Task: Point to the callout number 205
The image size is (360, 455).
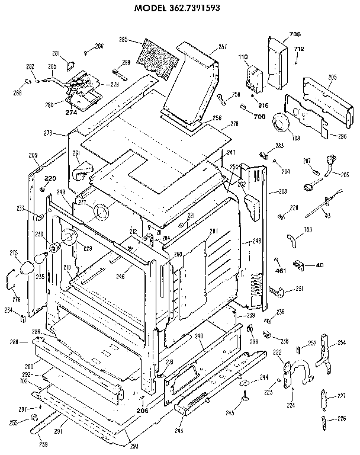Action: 332,78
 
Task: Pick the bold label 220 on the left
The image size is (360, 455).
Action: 50,178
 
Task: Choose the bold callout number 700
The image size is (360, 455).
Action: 259,117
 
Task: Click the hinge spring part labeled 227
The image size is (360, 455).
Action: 323,396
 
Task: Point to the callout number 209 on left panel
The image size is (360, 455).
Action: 33,155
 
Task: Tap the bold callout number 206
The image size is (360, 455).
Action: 142,410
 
